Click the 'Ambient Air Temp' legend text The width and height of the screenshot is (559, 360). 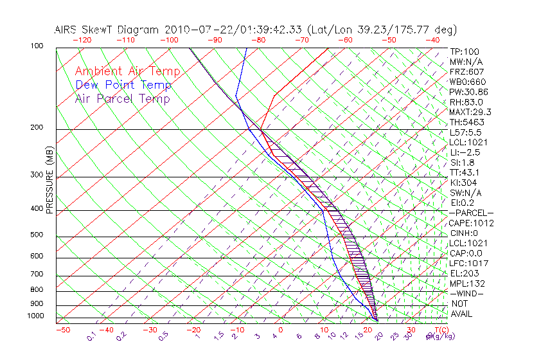click(127, 71)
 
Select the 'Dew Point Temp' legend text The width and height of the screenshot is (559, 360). click(123, 85)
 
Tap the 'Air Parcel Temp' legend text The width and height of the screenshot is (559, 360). click(122, 98)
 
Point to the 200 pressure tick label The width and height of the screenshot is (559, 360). click(37, 127)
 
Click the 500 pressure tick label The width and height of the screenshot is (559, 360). click(37, 235)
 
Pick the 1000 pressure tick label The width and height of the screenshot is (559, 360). click(35, 316)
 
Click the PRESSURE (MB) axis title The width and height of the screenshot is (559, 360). click(49, 181)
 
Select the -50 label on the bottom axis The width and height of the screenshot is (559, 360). click(62, 330)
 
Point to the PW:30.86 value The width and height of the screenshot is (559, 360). click(469, 92)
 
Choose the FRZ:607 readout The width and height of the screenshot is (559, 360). click(467, 71)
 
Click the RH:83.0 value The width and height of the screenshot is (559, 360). click(466, 102)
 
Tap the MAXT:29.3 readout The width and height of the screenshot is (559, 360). click(470, 112)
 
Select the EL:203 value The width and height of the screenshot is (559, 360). click(463, 273)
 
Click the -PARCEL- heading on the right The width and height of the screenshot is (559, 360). click(472, 213)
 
